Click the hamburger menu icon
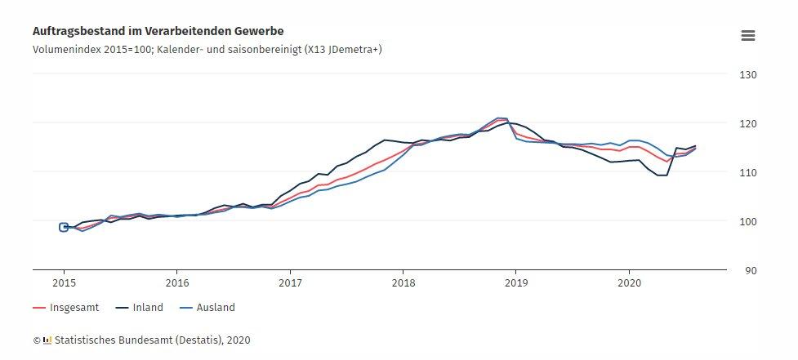point(747,35)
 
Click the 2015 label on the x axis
point(64,283)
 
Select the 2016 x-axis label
point(176,283)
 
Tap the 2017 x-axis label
point(289,283)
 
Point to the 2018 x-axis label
point(402,283)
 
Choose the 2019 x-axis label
point(515,283)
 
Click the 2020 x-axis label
point(628,283)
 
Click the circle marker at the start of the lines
point(64,227)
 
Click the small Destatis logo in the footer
point(47,339)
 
